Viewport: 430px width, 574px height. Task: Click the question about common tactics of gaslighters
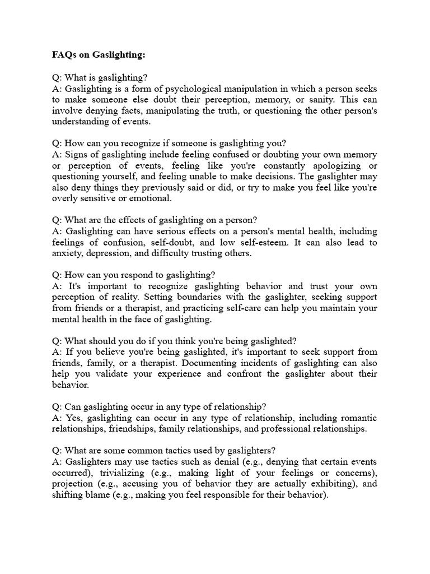[170, 450]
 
